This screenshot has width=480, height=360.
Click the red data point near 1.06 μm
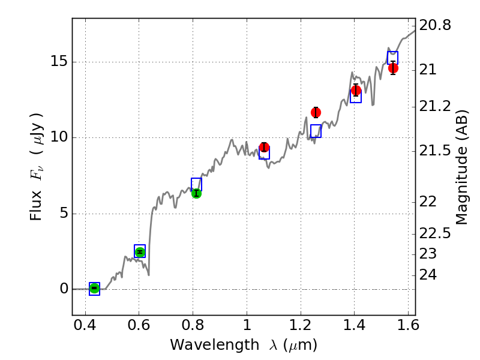click(x=264, y=147)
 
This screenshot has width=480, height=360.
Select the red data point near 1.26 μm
click(x=316, y=112)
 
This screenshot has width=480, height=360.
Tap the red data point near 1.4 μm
click(x=356, y=91)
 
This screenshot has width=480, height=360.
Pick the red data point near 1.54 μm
click(x=393, y=68)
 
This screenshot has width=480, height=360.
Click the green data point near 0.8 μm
click(x=196, y=193)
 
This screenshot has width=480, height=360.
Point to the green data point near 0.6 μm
click(x=140, y=252)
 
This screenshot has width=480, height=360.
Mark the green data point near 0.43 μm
click(x=94, y=289)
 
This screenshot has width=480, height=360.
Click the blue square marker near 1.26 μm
click(x=316, y=131)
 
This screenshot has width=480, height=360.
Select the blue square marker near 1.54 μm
click(x=392, y=58)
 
